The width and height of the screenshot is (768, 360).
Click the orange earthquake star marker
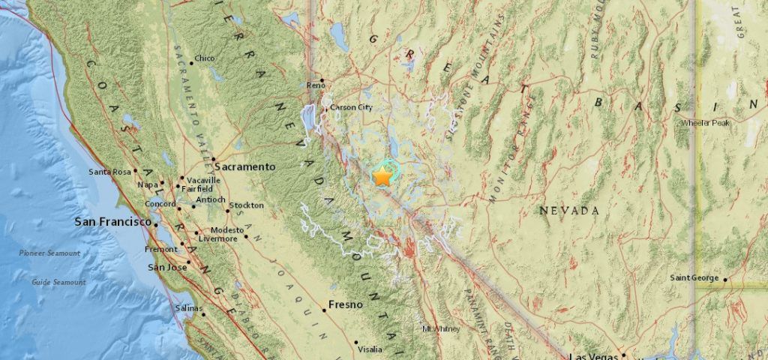tap(382, 177)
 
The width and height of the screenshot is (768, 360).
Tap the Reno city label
tap(315, 87)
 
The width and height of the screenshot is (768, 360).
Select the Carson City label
tap(351, 108)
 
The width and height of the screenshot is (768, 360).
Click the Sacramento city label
tap(244, 166)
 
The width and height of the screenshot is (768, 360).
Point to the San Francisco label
tap(113, 222)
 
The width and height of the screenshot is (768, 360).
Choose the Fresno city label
tap(345, 304)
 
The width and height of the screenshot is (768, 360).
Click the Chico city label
tap(204, 58)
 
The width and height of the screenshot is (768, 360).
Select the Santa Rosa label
tap(110, 172)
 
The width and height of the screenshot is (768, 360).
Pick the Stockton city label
tap(247, 205)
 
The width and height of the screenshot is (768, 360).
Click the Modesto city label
tap(226, 229)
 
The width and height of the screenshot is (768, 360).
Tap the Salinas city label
tap(189, 308)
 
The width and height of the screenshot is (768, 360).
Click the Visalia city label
tap(369, 349)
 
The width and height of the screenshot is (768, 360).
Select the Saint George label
tap(694, 279)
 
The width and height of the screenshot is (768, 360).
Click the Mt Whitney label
tap(439, 328)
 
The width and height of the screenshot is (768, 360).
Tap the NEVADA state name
tap(569, 211)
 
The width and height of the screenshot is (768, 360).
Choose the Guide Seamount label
tap(58, 283)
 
